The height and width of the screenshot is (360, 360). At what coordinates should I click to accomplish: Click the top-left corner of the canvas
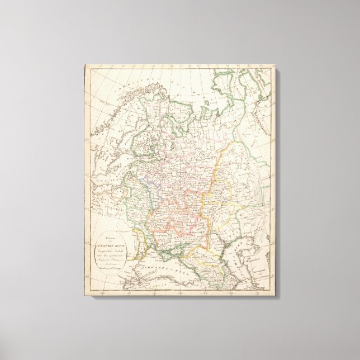[85, 65]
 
